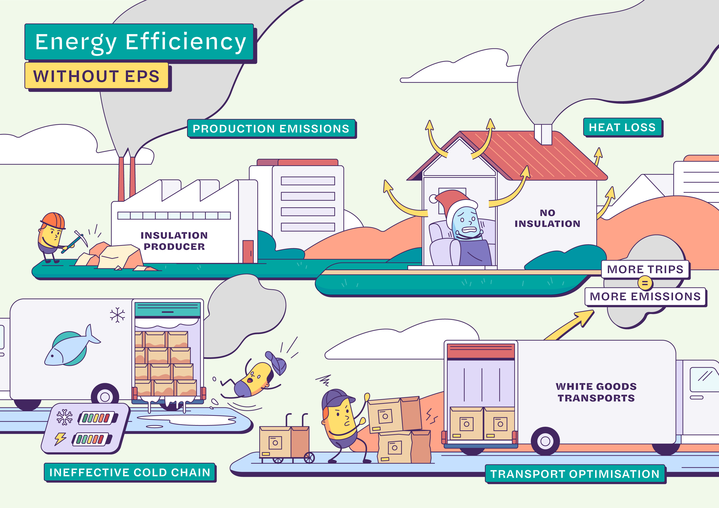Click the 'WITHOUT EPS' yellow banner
click(96, 76)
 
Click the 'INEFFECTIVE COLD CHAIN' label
click(130, 472)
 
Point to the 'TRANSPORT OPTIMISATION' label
click(575, 474)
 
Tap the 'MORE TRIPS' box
click(645, 269)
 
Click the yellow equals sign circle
click(645, 283)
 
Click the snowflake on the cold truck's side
click(117, 315)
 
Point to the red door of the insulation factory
click(248, 251)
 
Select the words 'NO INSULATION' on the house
click(547, 218)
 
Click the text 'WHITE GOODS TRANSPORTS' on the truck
click(596, 392)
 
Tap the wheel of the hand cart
click(309, 458)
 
